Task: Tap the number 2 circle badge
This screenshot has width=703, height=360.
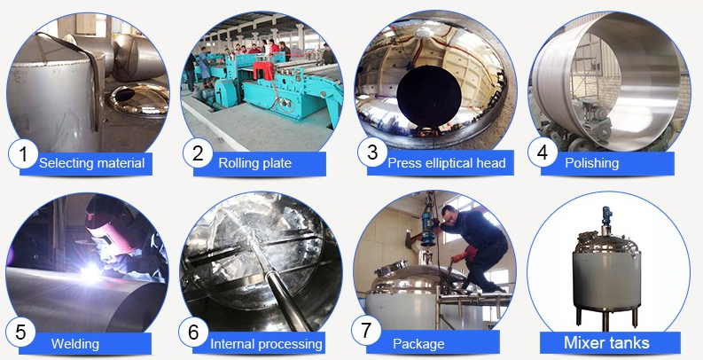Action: click(x=199, y=153)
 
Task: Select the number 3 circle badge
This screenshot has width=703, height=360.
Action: click(x=372, y=153)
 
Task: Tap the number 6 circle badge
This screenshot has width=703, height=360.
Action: click(x=194, y=333)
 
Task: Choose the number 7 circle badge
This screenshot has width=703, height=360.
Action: click(x=367, y=332)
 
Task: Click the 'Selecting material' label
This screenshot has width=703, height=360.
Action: click(x=91, y=163)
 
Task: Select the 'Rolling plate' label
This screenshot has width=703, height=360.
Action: click(x=254, y=163)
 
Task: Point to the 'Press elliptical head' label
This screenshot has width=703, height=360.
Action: click(x=447, y=163)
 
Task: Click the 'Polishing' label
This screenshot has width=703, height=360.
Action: click(x=594, y=163)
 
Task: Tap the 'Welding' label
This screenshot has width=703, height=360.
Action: click(x=75, y=343)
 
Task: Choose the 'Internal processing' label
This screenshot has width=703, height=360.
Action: click(x=266, y=343)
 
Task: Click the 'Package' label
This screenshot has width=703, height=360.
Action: click(x=418, y=343)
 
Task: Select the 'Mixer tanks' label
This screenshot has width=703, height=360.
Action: click(x=606, y=342)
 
